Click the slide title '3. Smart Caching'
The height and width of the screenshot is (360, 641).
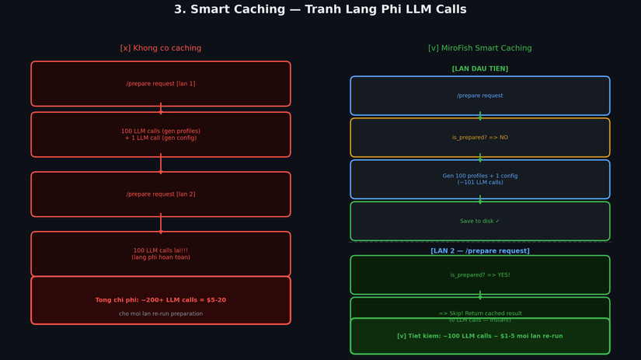tap(320, 10)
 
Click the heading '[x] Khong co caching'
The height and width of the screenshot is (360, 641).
tap(160, 48)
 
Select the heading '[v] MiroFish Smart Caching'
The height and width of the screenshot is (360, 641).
tap(479, 48)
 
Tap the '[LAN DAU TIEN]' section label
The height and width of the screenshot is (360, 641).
tap(479, 69)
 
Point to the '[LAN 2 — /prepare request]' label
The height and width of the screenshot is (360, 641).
tap(479, 251)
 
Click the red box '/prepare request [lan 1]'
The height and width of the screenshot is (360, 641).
tap(160, 84)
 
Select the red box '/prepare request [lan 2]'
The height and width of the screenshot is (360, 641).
tap(160, 194)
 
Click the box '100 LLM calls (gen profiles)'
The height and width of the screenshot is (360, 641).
tap(160, 135)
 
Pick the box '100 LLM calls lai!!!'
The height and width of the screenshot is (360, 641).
tap(160, 253)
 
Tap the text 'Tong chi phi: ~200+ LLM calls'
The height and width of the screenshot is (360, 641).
tap(160, 300)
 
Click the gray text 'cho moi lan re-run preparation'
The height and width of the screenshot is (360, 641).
tap(160, 314)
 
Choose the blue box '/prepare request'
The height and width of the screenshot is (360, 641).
tap(479, 96)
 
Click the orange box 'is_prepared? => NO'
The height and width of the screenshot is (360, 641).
tap(479, 138)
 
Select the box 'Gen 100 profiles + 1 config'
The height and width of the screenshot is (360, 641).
tap(479, 180)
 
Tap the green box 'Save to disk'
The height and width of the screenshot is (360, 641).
tap(479, 222)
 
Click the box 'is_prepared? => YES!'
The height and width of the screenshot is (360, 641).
tap(479, 275)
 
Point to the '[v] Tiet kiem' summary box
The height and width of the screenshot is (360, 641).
tap(479, 337)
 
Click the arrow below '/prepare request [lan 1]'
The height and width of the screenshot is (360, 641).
tap(161, 109)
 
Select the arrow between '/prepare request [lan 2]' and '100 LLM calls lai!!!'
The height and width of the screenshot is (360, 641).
tap(161, 223)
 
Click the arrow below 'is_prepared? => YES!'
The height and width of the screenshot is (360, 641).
tap(479, 295)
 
